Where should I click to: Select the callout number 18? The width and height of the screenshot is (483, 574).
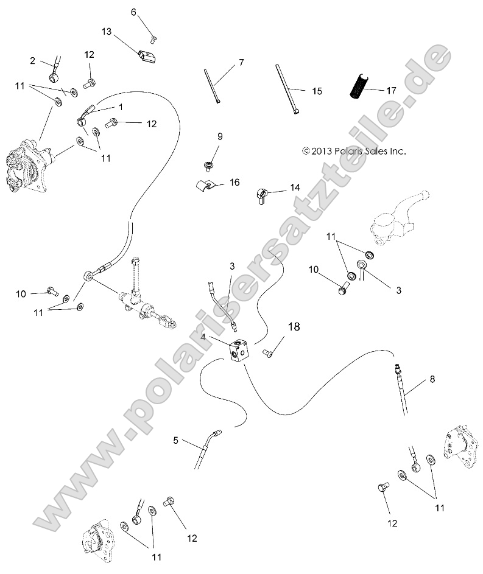click(x=294, y=327)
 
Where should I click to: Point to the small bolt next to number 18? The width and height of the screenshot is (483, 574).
click(x=268, y=352)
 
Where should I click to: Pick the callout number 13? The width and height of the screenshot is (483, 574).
click(x=107, y=32)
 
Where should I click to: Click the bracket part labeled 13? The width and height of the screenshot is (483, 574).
click(x=146, y=57)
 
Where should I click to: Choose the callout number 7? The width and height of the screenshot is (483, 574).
click(x=241, y=62)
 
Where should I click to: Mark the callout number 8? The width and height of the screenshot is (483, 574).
click(x=432, y=379)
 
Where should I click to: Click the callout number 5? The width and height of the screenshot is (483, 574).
click(x=175, y=439)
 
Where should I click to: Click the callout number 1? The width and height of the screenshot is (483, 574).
click(x=121, y=107)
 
